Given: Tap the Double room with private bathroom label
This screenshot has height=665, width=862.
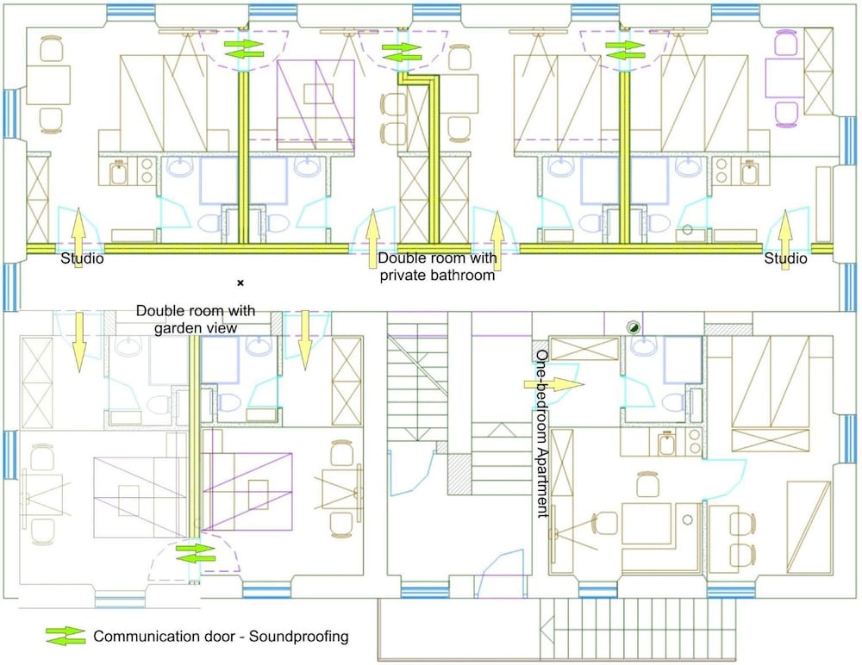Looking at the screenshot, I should tap(437, 267).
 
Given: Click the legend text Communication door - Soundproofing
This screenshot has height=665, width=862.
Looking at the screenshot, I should tap(221, 637).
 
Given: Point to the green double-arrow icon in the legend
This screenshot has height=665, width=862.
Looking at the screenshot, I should tap(66, 637).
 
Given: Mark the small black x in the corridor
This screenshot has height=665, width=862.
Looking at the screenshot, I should tap(240, 283).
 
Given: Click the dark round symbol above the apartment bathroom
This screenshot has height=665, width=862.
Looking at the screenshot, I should tap(633, 326).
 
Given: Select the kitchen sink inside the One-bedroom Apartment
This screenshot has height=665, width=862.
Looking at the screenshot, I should tap(666, 445).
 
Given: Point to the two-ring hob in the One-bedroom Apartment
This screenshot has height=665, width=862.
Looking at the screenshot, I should tap(691, 445).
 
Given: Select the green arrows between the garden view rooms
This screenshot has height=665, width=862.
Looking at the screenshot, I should tap(195, 553).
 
